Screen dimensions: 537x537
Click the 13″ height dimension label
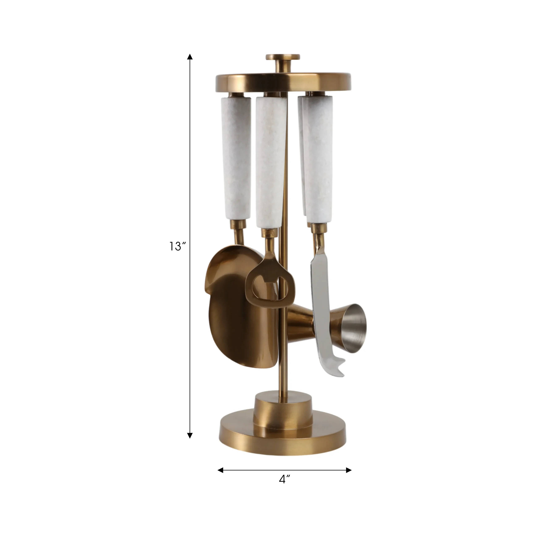coord(177,246)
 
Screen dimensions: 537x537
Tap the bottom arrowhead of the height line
coord(190,435)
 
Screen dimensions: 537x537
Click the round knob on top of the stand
coord(283,57)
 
